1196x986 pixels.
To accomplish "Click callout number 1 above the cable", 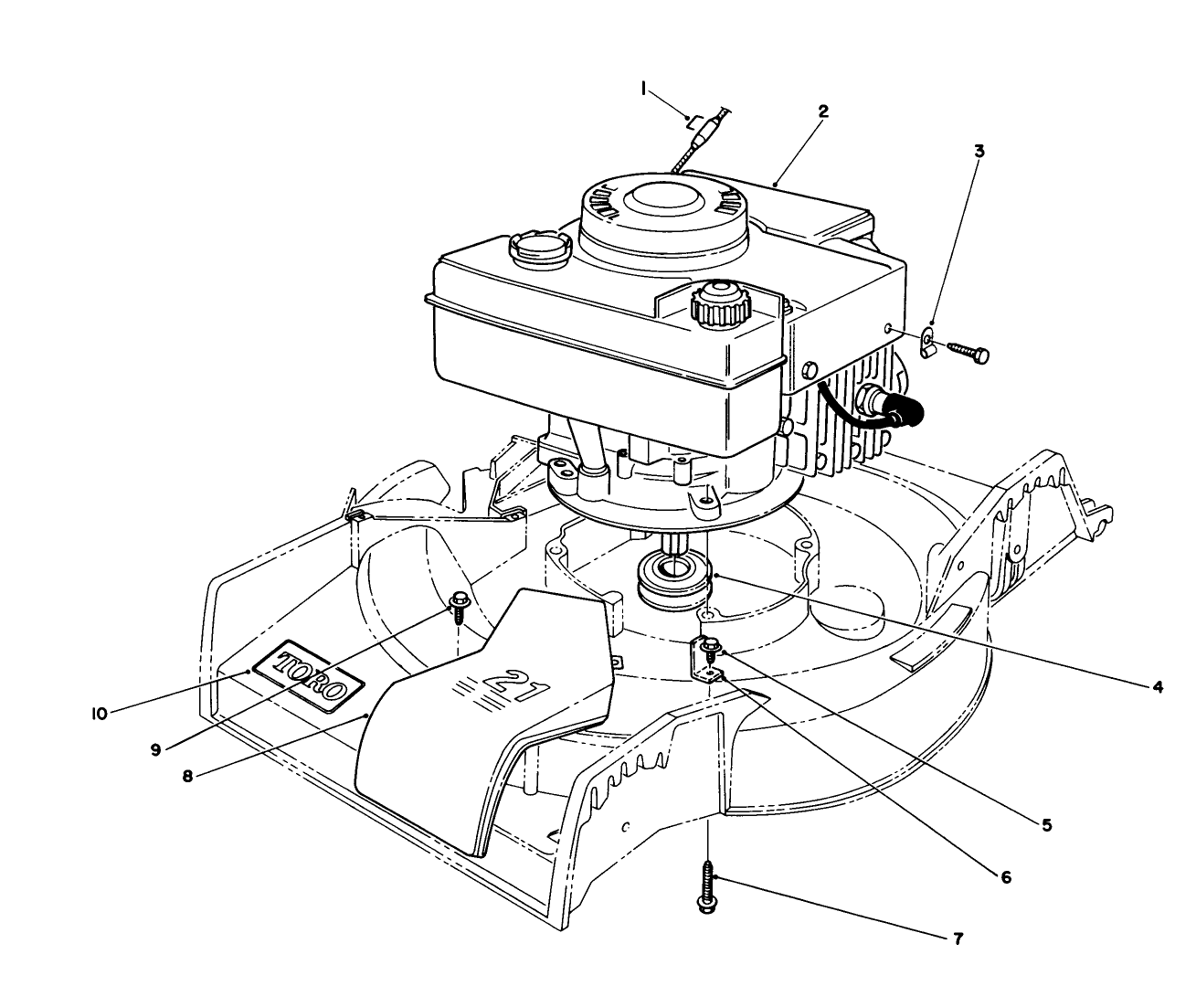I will pos(644,88).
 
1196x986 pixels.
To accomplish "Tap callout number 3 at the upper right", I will pos(979,151).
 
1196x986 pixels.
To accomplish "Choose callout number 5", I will pos(1046,823).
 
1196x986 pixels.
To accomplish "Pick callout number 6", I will pos(1005,877).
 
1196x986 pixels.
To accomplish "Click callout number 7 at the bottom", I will pos(958,938).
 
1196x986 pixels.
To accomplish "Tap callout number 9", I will pos(155,748).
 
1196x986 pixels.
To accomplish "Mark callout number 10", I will pos(100,712).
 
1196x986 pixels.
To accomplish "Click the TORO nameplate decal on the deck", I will pos(311,676).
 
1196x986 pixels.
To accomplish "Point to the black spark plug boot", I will pos(907,416).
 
